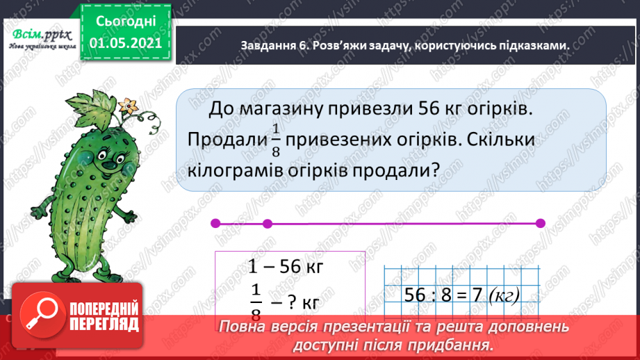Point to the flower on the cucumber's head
point(127,106)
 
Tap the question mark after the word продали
point(438,169)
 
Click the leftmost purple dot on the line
point(214,223)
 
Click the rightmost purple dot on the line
point(541,223)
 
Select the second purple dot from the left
point(268,223)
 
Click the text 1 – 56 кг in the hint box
point(286,267)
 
